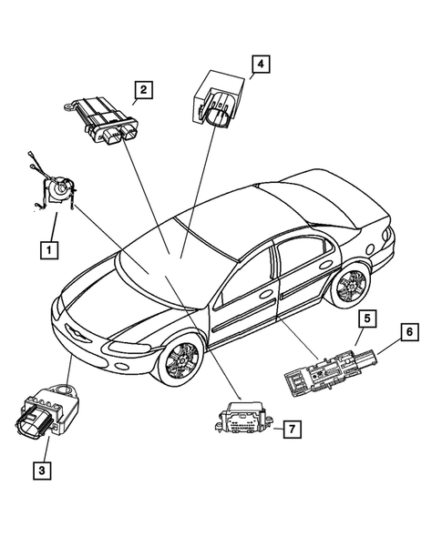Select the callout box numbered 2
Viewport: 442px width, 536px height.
point(144,89)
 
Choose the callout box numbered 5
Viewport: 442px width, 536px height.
point(367,319)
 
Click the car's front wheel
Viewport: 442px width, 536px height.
point(178,359)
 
